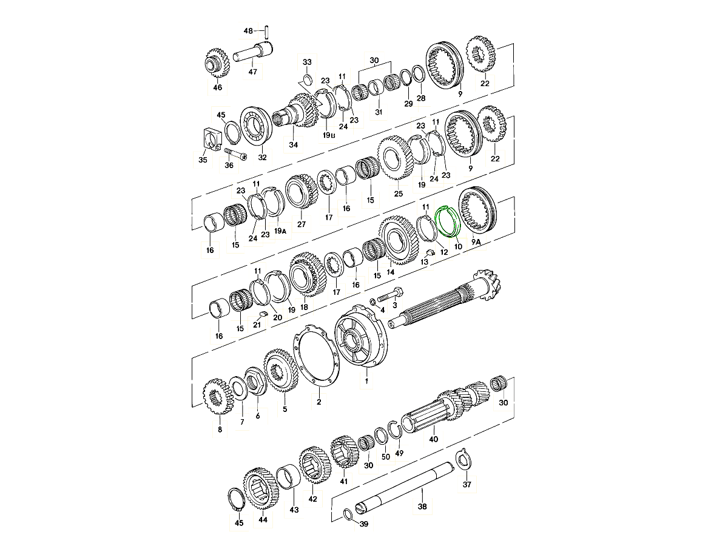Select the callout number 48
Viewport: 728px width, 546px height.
[248, 31]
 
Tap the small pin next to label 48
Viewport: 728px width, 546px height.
[266, 32]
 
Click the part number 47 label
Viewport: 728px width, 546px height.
[253, 72]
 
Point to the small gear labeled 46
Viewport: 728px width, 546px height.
[217, 64]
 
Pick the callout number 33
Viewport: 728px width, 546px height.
[307, 62]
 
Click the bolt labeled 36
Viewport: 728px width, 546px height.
[236, 154]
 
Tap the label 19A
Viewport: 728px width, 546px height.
[280, 231]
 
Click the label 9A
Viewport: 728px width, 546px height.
[476, 242]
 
